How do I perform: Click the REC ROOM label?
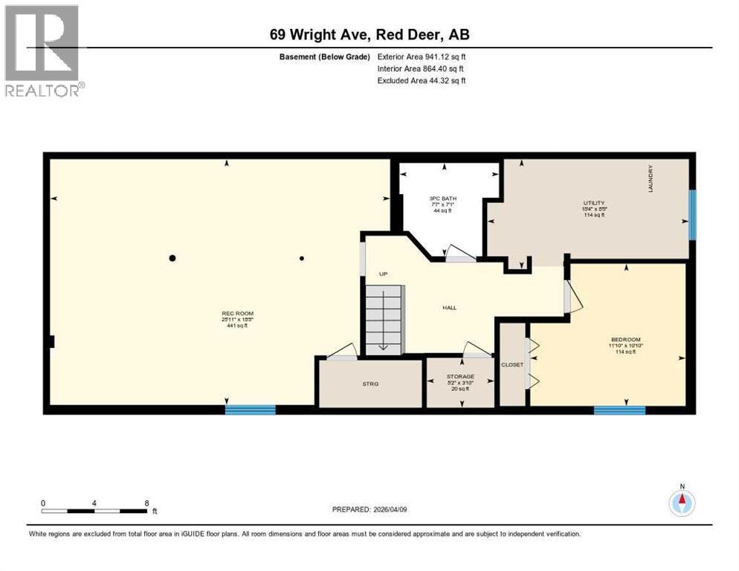pyautogui.click(x=237, y=314)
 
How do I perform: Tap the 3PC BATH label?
pyautogui.click(x=442, y=199)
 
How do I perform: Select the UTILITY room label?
pyautogui.click(x=593, y=203)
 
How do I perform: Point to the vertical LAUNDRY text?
pyautogui.click(x=650, y=179)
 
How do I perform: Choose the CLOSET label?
pyautogui.click(x=512, y=364)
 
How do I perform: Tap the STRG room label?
pyautogui.click(x=369, y=384)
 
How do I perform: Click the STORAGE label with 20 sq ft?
pyautogui.click(x=461, y=377)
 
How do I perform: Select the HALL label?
pyautogui.click(x=449, y=307)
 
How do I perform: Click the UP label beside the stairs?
pyautogui.click(x=384, y=273)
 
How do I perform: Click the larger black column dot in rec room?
pyautogui.click(x=172, y=258)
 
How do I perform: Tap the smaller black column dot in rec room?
pyautogui.click(x=302, y=259)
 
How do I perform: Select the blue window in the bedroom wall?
pyautogui.click(x=619, y=410)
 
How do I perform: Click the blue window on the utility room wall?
pyautogui.click(x=692, y=215)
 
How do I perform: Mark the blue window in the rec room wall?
pyautogui.click(x=250, y=409)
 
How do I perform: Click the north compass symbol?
pyautogui.click(x=681, y=502)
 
